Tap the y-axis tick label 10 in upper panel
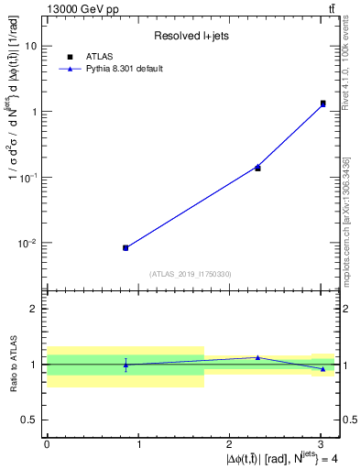click(x=30, y=46)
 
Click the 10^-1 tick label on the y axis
click(x=27, y=177)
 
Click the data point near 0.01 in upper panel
click(x=125, y=247)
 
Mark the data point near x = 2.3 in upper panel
click(x=257, y=168)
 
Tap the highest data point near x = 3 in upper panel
click(x=322, y=104)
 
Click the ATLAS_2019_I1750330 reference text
click(x=191, y=273)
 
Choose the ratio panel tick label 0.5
click(x=30, y=420)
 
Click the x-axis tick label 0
click(x=47, y=444)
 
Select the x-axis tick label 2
click(x=230, y=444)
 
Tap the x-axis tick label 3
click(x=321, y=444)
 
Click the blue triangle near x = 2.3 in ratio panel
click(x=257, y=357)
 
